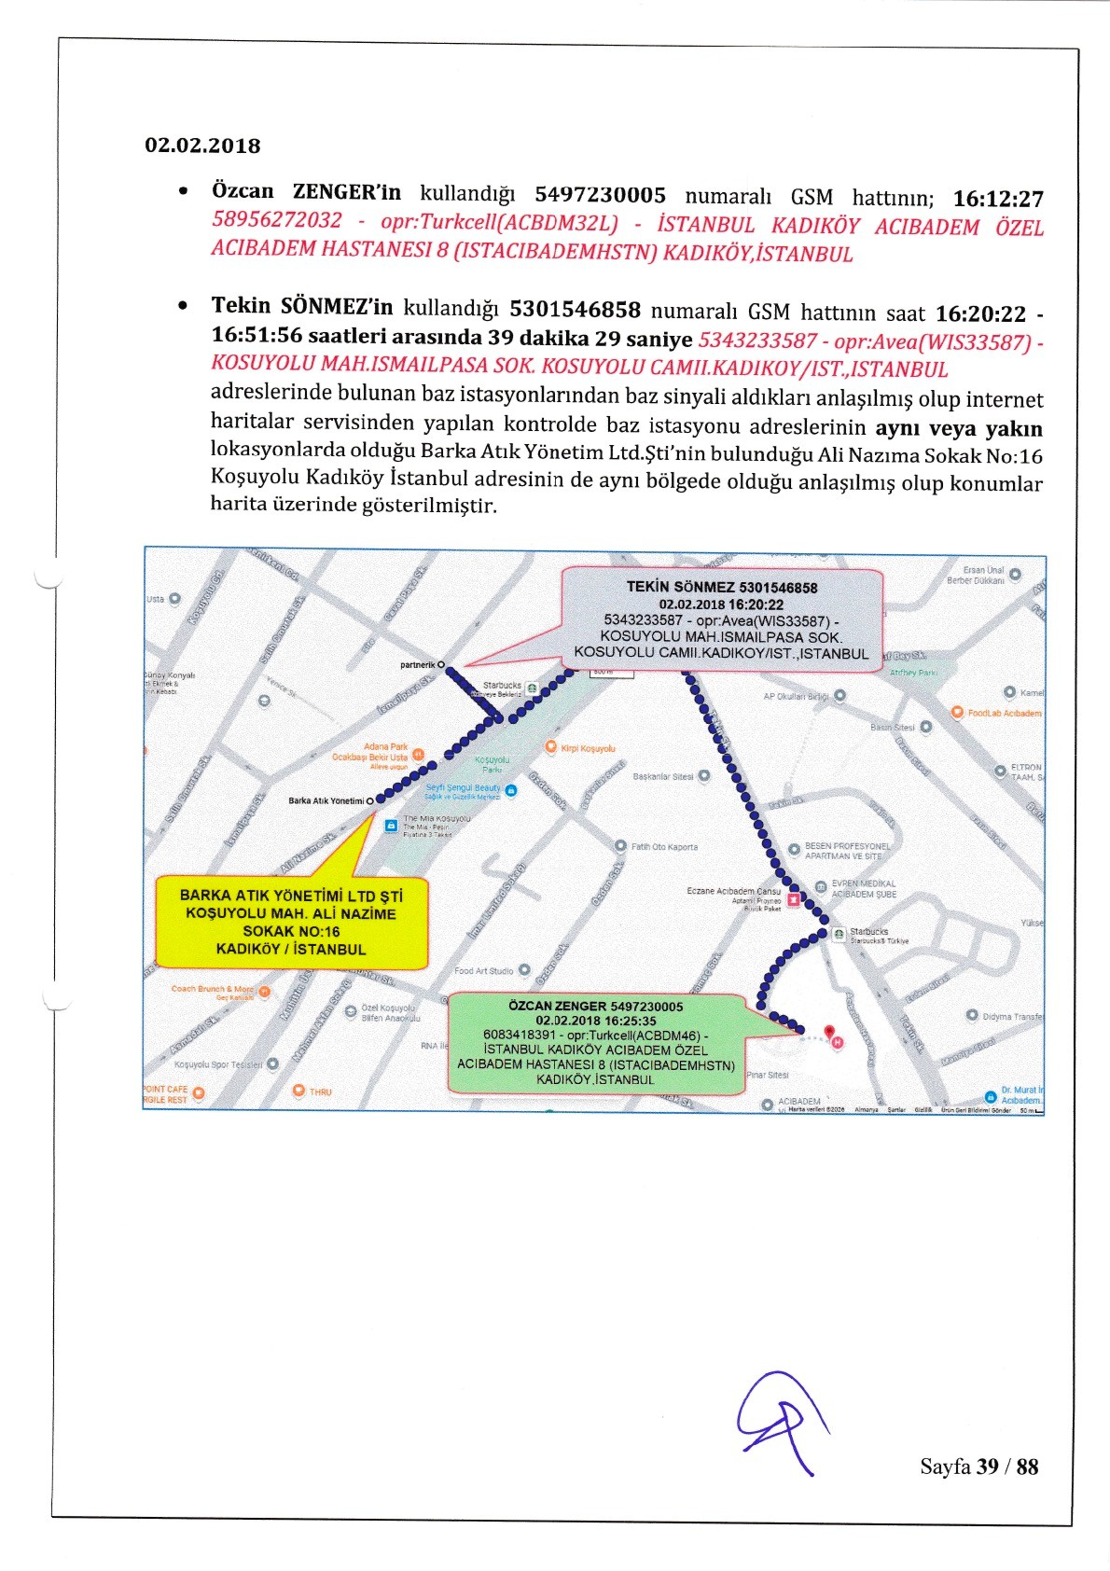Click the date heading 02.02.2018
click(x=202, y=146)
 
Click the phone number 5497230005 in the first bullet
click(x=600, y=195)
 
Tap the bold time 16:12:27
click(x=997, y=199)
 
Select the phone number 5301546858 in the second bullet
click(x=575, y=310)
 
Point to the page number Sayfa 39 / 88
click(x=978, y=1467)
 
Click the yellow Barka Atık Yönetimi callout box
click(x=291, y=922)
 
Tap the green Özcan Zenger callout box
click(x=596, y=1042)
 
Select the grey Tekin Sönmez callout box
click(x=722, y=619)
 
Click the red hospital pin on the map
click(x=831, y=1034)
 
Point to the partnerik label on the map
click(x=419, y=665)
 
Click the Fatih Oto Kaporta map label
click(x=663, y=847)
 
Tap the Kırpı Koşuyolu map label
click(x=587, y=748)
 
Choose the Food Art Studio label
click(x=484, y=971)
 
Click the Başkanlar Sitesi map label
click(x=663, y=776)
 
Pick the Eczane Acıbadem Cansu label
click(x=733, y=891)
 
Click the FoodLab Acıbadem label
click(x=1004, y=713)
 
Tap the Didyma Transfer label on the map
click(x=1011, y=1016)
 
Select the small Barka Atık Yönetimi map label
click(x=326, y=800)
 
